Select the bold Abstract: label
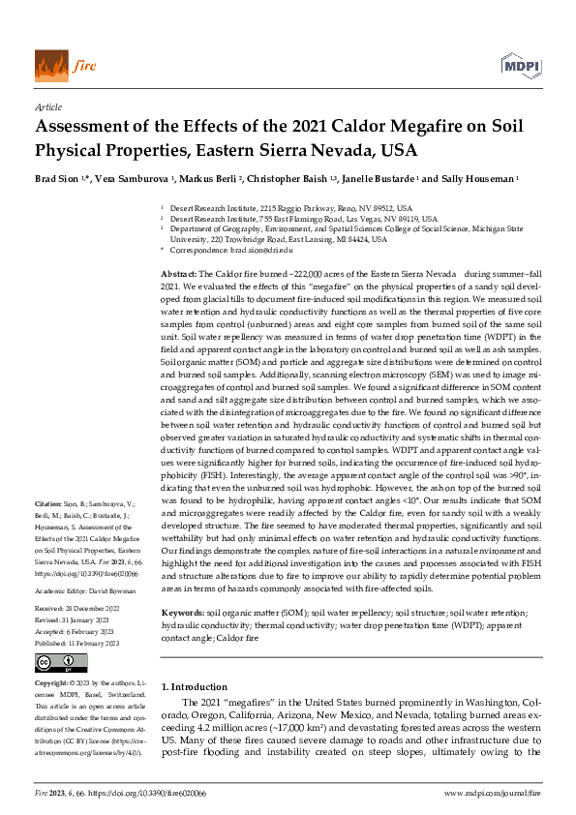coord(177,276)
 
